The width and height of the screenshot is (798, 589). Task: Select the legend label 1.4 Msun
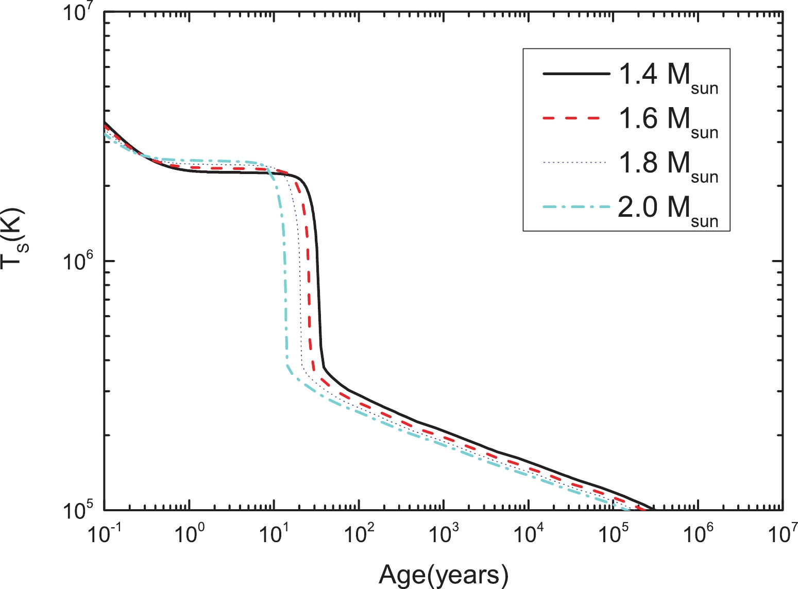click(668, 76)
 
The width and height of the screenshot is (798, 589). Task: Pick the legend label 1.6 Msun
click(668, 120)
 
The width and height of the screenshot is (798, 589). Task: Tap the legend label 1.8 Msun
click(668, 164)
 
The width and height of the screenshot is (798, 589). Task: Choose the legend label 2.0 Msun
click(668, 209)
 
